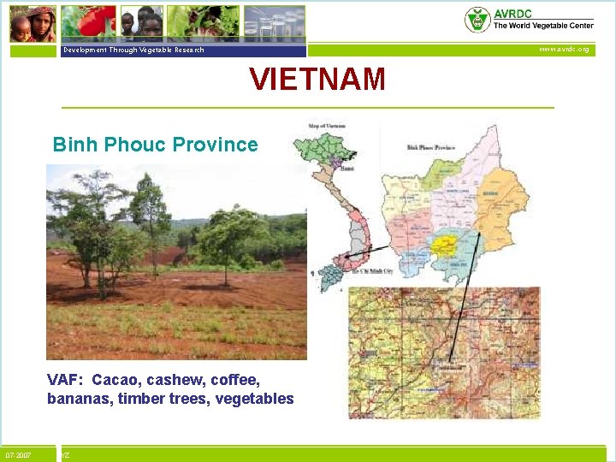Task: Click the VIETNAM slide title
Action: coord(317,80)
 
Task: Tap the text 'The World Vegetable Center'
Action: coord(543,26)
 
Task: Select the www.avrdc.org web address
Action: coord(563,50)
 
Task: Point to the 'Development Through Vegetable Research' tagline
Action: coord(133,50)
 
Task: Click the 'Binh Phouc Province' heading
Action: coord(155,145)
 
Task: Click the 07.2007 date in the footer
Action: coord(18,455)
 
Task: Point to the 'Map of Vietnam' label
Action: coord(326,127)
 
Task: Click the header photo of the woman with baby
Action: coord(32,23)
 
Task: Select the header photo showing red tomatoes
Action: coord(88,21)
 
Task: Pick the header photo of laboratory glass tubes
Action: coord(274,23)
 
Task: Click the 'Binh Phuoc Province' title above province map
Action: coord(430,148)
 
